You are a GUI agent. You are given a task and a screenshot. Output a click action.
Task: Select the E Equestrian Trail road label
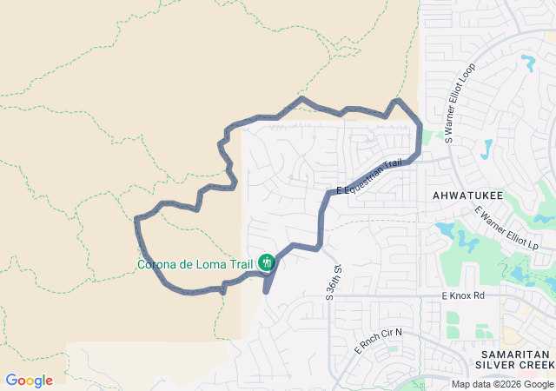(x=369, y=176)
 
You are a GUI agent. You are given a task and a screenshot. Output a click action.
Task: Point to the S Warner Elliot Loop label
(x=460, y=103)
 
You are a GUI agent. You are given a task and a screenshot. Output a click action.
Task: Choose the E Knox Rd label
(x=464, y=296)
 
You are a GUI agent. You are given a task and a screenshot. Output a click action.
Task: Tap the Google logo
(x=29, y=381)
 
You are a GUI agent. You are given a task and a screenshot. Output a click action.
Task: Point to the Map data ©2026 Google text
(x=501, y=384)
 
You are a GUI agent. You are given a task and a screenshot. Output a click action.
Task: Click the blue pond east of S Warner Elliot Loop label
(x=486, y=149)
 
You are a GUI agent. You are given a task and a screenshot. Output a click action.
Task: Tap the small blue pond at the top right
(x=527, y=63)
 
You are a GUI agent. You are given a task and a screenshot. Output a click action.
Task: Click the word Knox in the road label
(x=467, y=296)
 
